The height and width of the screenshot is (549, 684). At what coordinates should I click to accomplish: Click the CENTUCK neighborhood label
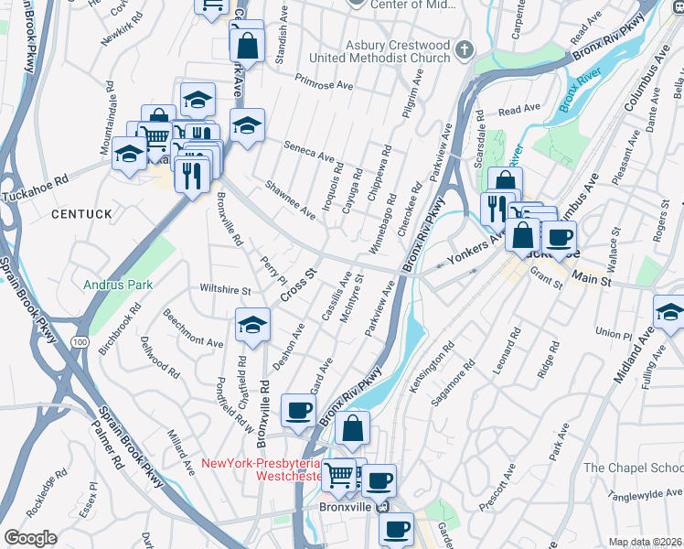click(81, 213)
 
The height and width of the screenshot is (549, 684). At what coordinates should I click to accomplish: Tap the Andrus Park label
click(117, 285)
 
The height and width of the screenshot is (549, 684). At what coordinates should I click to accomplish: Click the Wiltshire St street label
click(225, 290)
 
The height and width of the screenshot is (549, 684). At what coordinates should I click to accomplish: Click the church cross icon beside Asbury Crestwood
click(465, 48)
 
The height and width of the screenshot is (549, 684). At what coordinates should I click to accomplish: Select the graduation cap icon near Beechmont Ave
click(252, 323)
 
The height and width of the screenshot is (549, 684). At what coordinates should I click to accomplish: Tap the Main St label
click(592, 279)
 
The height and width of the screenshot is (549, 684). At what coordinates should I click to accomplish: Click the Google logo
click(30, 538)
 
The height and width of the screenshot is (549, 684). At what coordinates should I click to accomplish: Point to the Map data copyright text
click(645, 542)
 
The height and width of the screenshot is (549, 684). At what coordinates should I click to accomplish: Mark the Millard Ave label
click(180, 449)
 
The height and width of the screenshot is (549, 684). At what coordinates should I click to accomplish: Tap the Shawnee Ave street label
click(290, 199)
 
